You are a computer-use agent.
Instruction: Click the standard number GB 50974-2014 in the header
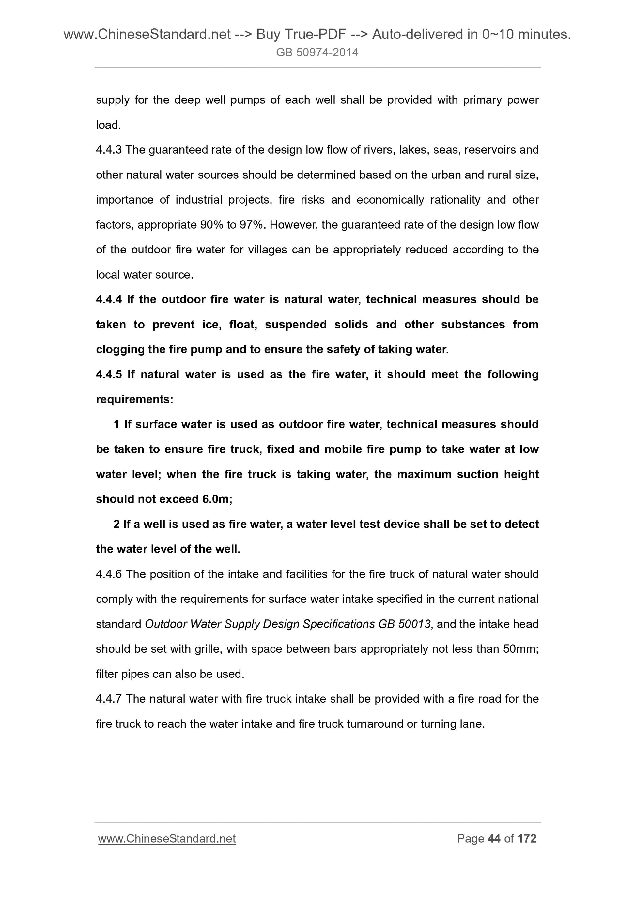point(317,53)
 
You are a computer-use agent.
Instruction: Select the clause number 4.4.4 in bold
point(109,299)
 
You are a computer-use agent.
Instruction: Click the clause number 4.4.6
point(109,574)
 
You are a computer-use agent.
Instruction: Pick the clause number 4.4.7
point(109,699)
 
